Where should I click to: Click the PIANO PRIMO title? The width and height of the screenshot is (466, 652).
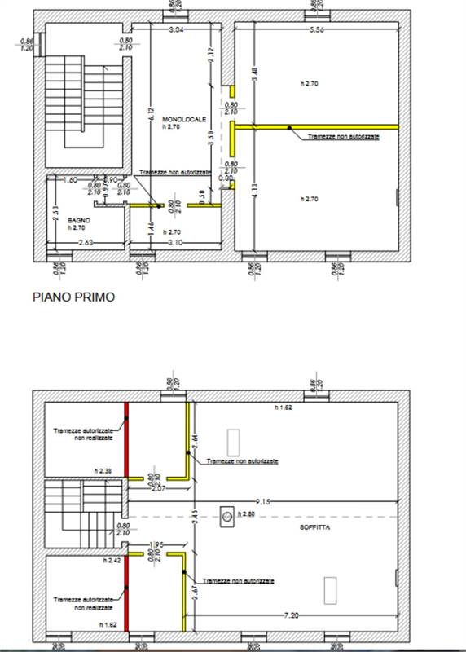pos(73,297)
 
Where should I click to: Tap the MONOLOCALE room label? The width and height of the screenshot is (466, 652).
pos(178,119)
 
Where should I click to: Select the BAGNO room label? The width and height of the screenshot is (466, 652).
pos(79,220)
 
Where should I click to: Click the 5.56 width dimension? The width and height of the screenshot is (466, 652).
pos(319,30)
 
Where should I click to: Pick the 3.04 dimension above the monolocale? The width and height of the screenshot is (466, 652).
pos(176,30)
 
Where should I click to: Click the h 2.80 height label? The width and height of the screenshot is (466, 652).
pos(247,514)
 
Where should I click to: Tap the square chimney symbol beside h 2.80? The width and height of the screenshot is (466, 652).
pos(226,514)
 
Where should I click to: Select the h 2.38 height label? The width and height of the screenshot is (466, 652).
pos(102,470)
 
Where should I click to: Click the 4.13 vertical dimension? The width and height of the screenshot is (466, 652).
pos(254,192)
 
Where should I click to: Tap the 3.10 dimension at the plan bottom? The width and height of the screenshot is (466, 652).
pos(175,243)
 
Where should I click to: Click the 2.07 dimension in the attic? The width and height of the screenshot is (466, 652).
pos(158,487)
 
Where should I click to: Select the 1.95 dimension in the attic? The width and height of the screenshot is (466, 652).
pos(156,544)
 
